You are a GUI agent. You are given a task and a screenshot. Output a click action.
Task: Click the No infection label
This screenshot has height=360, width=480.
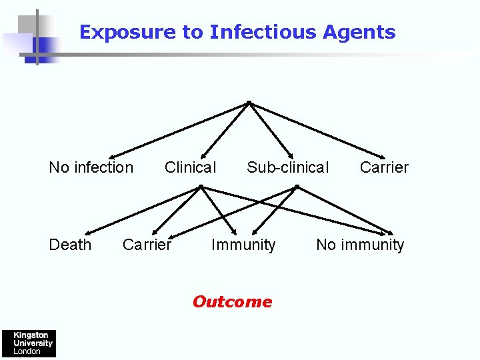tap(91, 167)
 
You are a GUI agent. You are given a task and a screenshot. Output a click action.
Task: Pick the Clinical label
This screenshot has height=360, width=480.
tap(191, 167)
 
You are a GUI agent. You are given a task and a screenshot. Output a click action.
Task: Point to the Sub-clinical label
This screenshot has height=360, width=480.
tap(288, 167)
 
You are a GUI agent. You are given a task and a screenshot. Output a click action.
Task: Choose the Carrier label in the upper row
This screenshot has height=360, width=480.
tap(384, 167)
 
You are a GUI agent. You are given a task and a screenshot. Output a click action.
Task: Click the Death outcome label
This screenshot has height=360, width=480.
tap(71, 245)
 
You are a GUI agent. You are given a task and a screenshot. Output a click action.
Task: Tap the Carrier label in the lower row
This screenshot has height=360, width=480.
tap(147, 245)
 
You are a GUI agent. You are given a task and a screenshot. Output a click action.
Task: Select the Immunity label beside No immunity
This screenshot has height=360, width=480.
tap(243, 245)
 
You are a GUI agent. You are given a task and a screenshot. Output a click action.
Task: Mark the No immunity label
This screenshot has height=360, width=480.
tap(360, 245)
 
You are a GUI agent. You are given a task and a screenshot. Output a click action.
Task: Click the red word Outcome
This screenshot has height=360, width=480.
tap(232, 302)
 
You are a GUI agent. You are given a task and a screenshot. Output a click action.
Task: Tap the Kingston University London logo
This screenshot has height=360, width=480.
tap(28, 343)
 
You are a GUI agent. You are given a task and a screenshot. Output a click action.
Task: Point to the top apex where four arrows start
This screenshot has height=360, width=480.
tap(248, 103)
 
